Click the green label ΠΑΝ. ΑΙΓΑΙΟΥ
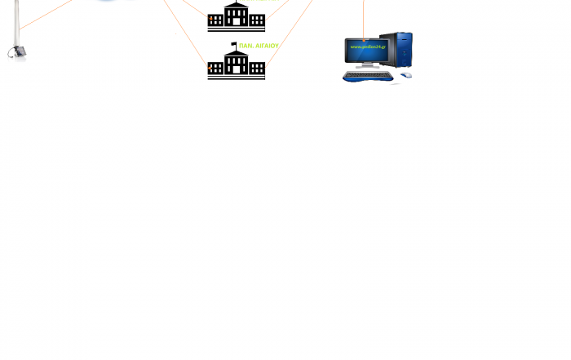[259, 47]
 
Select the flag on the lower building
[234, 44]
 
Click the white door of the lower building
[236, 69]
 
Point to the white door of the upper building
[236, 20]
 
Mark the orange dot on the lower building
[210, 69]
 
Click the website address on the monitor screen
[367, 47]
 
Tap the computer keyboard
[367, 76]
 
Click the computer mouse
[406, 75]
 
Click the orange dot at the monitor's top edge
[364, 36]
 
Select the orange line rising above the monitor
[364, 16]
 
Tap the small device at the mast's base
[16, 54]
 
